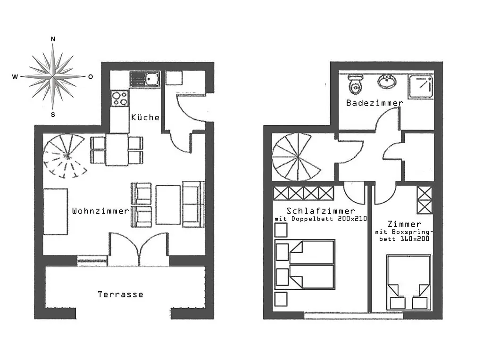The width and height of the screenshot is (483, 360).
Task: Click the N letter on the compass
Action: tap(53, 39)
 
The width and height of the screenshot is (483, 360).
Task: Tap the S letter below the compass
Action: tap(53, 115)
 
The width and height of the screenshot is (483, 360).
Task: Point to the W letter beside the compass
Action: tap(15, 77)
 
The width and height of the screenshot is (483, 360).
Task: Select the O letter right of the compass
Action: tap(91, 77)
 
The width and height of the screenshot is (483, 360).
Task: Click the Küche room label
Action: tap(145, 117)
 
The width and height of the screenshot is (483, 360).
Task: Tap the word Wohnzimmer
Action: tap(100, 211)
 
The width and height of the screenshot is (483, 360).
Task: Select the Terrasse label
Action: tap(120, 295)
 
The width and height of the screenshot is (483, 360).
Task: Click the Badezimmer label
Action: tap(375, 103)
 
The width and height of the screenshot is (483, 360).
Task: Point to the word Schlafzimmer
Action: tap(321, 211)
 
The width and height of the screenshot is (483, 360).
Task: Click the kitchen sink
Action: tap(145, 79)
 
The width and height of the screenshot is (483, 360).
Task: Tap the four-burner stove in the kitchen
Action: tap(120, 98)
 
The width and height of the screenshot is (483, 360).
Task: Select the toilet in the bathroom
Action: tap(356, 84)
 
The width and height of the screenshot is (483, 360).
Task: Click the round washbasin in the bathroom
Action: tap(387, 81)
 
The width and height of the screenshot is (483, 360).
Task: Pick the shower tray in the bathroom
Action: tap(421, 86)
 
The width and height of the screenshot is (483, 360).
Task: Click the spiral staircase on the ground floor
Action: tap(65, 156)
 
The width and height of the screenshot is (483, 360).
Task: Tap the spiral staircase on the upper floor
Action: tap(297, 157)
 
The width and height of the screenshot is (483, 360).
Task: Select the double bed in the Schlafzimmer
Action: tap(305, 264)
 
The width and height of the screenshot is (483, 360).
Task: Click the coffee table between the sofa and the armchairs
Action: tap(168, 205)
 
